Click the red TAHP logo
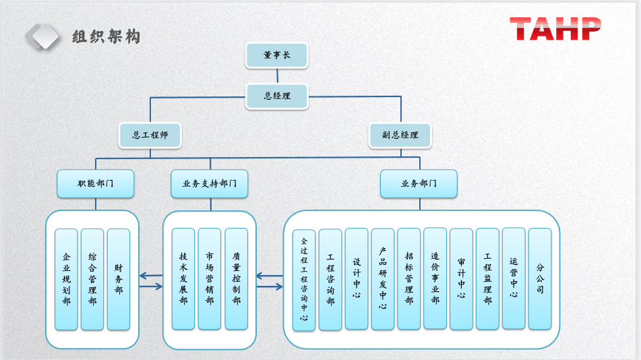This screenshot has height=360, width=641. click(555, 29)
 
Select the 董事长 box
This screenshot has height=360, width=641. click(276, 55)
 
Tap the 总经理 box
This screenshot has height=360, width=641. click(276, 96)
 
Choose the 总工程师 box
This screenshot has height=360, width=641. click(150, 135)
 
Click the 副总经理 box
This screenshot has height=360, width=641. click(400, 135)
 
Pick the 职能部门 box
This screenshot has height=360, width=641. click(95, 183)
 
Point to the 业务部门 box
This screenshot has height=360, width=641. click(419, 183)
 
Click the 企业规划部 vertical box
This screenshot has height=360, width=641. click(66, 279)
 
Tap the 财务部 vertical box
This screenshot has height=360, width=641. click(119, 279)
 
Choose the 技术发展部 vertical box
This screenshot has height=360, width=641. click(183, 278)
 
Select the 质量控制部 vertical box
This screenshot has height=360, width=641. click(236, 278)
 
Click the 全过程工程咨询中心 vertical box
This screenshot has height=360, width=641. click(304, 280)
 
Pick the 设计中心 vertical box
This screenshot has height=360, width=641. click(357, 278)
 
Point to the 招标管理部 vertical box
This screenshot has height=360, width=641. click(408, 278)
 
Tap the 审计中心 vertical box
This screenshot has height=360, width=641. click(461, 278)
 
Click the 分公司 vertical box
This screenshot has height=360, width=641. click(540, 278)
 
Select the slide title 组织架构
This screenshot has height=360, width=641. click(106, 36)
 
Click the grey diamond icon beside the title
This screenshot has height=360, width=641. click(42, 36)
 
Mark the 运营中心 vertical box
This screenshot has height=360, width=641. click(514, 278)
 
